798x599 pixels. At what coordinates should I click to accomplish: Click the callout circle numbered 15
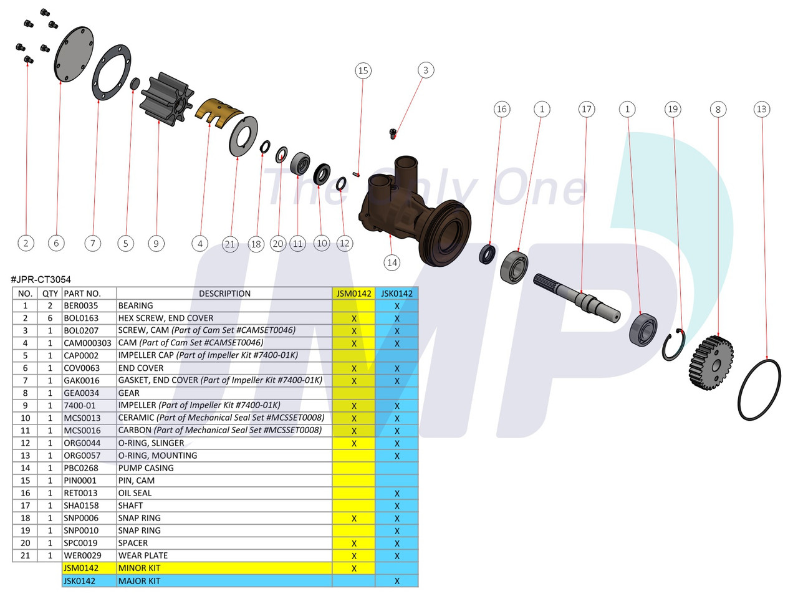363,71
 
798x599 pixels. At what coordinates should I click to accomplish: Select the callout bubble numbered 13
761,109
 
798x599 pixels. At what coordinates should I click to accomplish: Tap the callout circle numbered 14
392,262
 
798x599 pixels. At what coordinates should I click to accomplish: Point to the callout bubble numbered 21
230,244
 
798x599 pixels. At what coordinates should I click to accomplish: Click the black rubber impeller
160,99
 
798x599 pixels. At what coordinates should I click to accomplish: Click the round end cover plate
74,54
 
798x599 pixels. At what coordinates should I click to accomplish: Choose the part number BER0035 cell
81,306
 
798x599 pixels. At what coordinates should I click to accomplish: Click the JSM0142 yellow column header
353,294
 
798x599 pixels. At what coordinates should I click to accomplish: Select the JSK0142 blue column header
397,294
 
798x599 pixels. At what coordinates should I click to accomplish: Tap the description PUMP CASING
146,468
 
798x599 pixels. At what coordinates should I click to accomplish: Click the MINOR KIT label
139,568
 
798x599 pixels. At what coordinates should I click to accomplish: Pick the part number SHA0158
80,506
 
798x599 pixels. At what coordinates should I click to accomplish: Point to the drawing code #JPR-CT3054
41,280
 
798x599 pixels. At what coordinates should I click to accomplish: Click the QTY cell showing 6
50,319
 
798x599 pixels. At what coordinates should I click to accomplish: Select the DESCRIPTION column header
224,294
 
